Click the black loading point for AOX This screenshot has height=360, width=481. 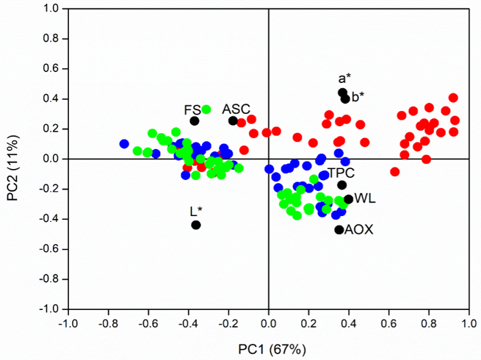click(x=339, y=230)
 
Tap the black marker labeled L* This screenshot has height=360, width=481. click(x=196, y=225)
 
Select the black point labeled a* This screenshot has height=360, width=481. click(x=342, y=93)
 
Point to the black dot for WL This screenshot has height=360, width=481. click(x=349, y=199)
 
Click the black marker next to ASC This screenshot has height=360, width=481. click(x=233, y=120)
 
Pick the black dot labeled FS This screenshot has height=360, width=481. click(x=195, y=120)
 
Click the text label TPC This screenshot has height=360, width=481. click(x=341, y=173)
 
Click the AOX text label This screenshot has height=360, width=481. click(x=360, y=230)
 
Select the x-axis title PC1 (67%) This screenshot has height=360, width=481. click(x=268, y=348)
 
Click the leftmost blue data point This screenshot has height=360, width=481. click(x=124, y=144)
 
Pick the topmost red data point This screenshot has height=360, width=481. click(x=453, y=98)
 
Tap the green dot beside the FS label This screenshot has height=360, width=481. click(x=206, y=109)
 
